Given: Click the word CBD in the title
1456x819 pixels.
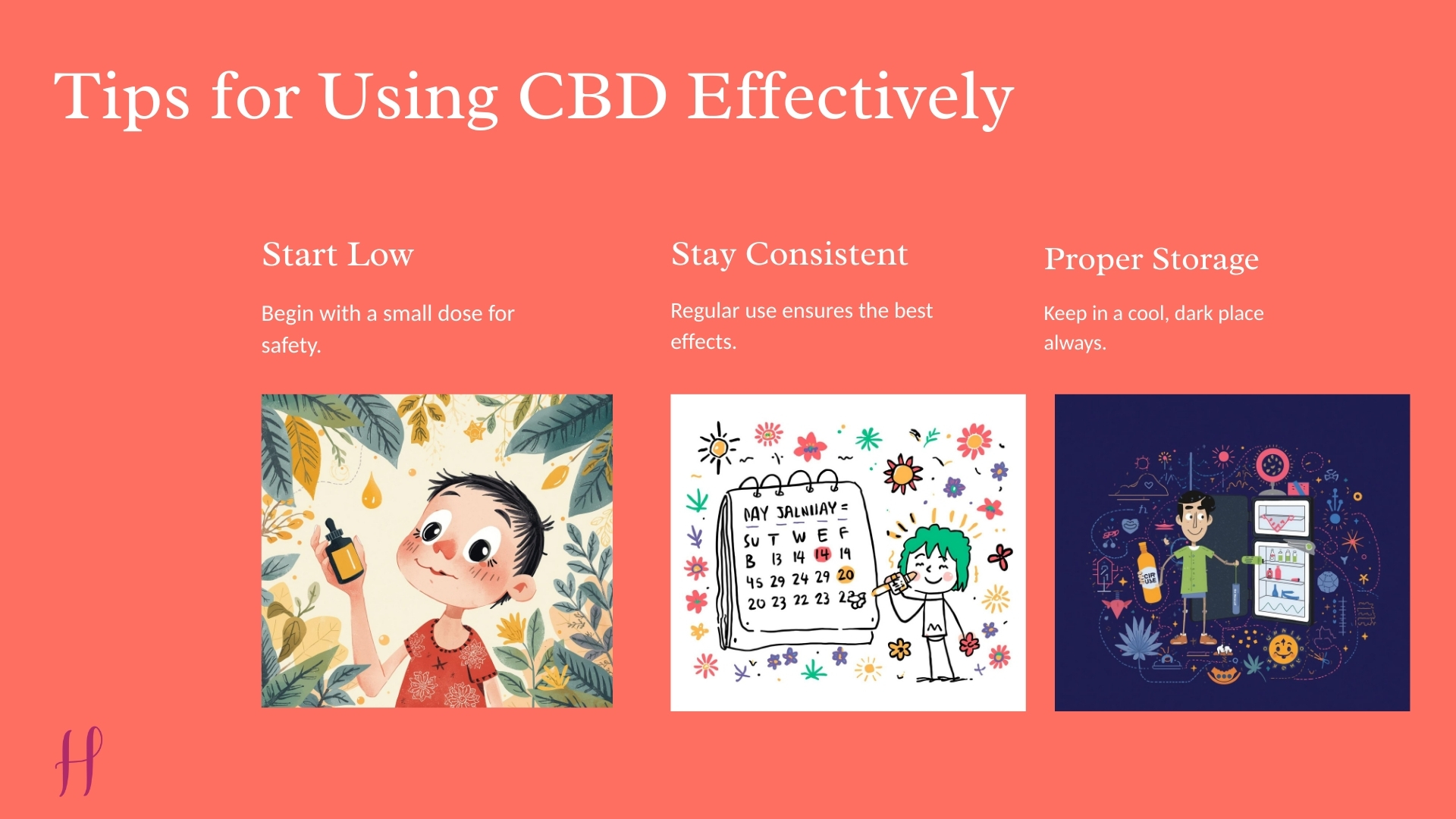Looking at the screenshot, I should click(592, 97).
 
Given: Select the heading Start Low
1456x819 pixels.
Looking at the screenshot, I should click(337, 254).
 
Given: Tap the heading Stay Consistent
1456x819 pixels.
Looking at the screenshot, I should click(789, 254).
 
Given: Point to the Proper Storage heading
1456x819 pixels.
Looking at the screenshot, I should click(1151, 259).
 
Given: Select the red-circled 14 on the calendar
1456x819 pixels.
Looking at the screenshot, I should click(822, 555).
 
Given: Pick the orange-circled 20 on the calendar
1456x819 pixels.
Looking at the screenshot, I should click(846, 575).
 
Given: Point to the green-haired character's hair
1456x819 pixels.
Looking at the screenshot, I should click(934, 546).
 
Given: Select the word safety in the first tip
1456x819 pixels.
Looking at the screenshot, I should click(291, 346).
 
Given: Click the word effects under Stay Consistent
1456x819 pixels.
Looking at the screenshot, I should click(703, 342).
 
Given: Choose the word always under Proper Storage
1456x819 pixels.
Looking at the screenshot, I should click(1075, 343).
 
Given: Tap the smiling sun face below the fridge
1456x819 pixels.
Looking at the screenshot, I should click(1283, 648).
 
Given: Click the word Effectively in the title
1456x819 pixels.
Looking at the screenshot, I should click(850, 97).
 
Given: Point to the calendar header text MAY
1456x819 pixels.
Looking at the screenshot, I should click(756, 514).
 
